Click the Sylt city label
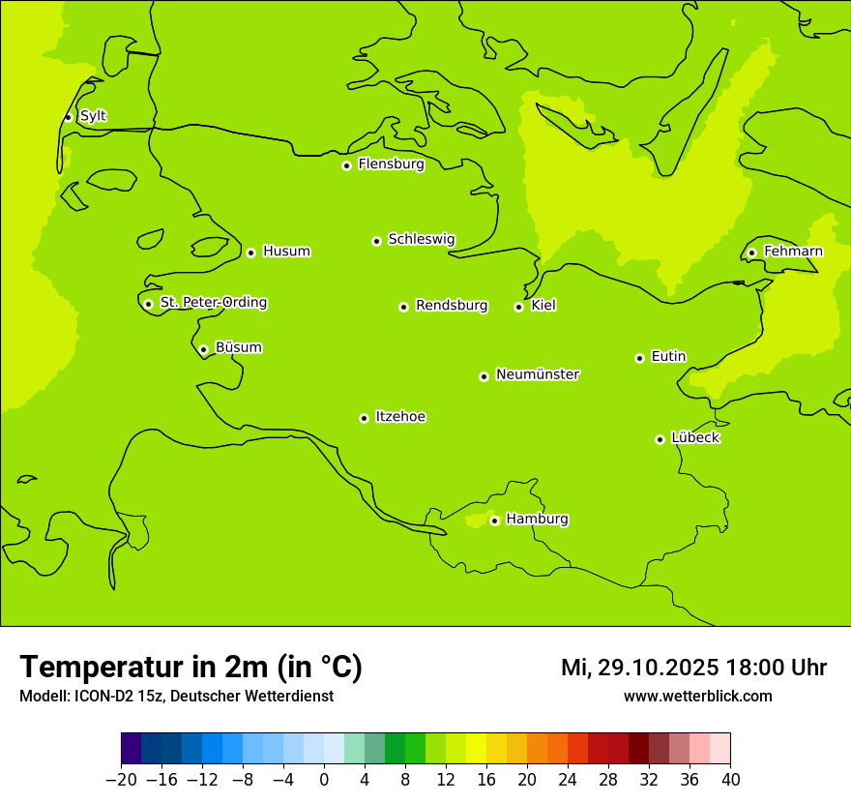pyautogui.click(x=93, y=116)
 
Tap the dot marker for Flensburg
pyautogui.click(x=346, y=165)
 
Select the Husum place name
pyautogui.click(x=286, y=252)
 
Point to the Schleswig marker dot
pyautogui.click(x=376, y=241)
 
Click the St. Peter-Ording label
pyautogui.click(x=214, y=303)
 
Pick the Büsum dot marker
pyautogui.click(x=203, y=349)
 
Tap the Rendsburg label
pyautogui.click(x=452, y=306)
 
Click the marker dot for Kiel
pyautogui.click(x=518, y=307)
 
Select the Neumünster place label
pyautogui.click(x=538, y=374)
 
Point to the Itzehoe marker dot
pyautogui.click(x=364, y=418)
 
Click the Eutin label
pyautogui.click(x=668, y=357)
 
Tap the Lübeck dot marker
pyautogui.click(x=660, y=439)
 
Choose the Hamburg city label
pyautogui.click(x=537, y=520)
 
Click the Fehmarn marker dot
pyautogui.click(x=751, y=253)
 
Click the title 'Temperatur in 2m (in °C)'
pyautogui.click(x=191, y=668)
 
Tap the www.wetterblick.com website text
pyautogui.click(x=697, y=697)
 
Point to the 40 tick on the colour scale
pyautogui.click(x=730, y=780)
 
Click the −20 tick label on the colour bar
pyautogui.click(x=121, y=780)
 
